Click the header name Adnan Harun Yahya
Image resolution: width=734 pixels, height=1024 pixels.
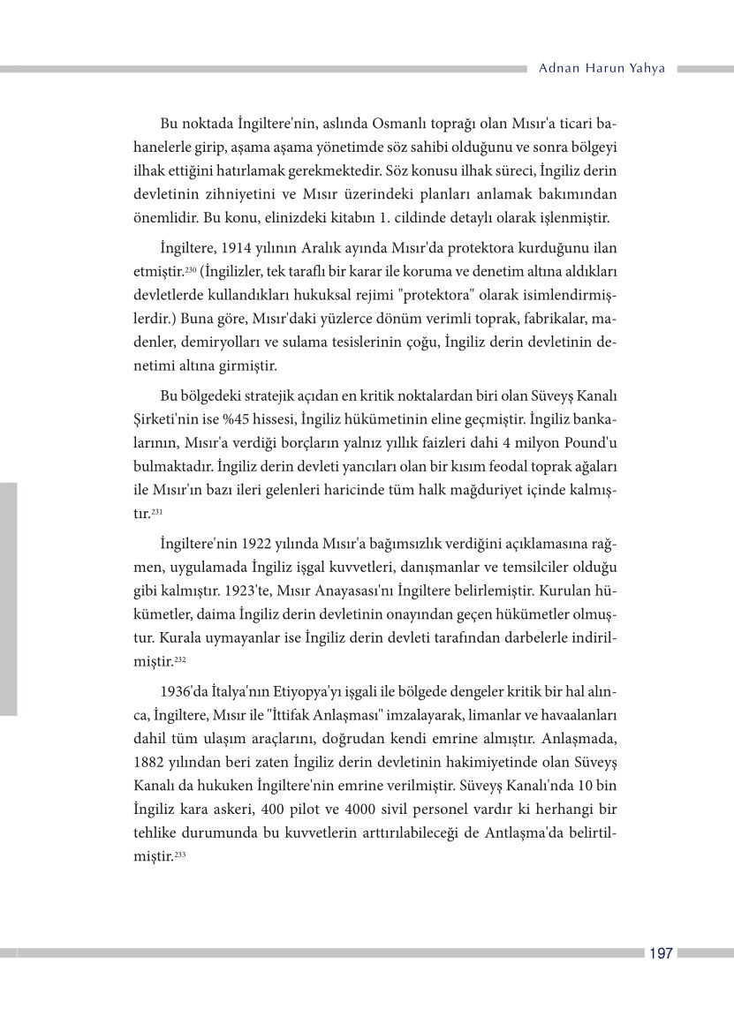[x=601, y=69]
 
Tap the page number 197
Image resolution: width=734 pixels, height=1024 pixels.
[x=661, y=953]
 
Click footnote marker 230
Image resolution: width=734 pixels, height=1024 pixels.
[x=190, y=267]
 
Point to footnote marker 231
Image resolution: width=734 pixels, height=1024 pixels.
[x=156, y=510]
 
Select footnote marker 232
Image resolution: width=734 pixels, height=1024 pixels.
[x=179, y=658]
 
